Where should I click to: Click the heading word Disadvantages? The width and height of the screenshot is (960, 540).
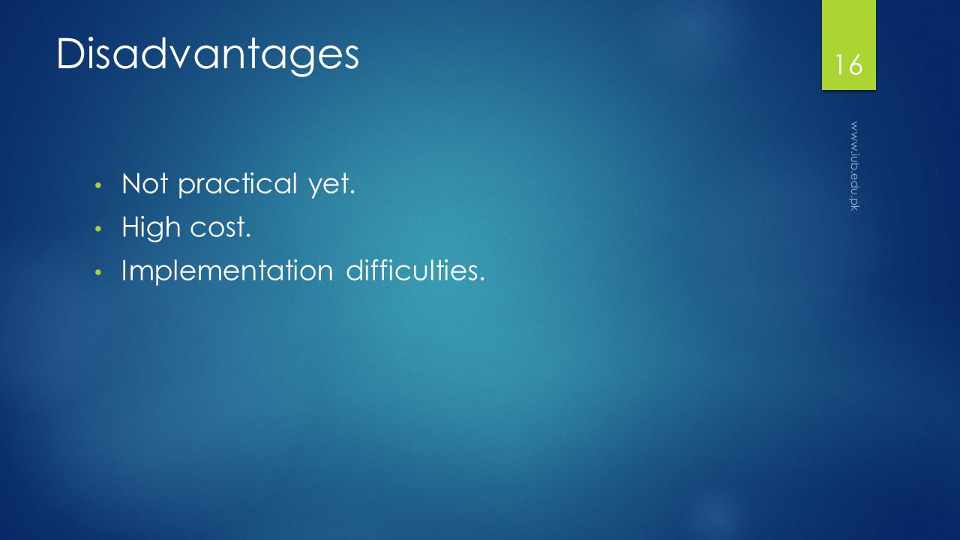click(x=208, y=55)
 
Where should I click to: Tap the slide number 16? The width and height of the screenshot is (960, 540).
click(x=848, y=65)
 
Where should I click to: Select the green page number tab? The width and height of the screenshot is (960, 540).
click(x=848, y=45)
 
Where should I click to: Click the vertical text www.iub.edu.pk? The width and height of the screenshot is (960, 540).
click(x=854, y=166)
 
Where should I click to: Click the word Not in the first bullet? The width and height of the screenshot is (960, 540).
click(x=145, y=184)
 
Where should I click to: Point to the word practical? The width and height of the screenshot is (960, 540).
click(x=238, y=185)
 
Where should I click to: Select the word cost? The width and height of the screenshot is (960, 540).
click(x=220, y=228)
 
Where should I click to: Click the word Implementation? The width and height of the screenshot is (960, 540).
click(x=227, y=271)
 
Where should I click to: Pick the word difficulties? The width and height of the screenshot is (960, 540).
click(x=415, y=270)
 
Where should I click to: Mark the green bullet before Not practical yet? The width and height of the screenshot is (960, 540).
click(x=98, y=185)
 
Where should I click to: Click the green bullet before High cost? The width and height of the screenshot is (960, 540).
click(x=98, y=229)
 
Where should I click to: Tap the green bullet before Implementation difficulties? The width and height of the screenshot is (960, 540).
click(x=98, y=272)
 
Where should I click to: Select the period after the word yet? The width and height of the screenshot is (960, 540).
click(x=352, y=193)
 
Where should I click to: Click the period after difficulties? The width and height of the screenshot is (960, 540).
click(x=482, y=280)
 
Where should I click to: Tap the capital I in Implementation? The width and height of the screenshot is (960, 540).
click(x=124, y=270)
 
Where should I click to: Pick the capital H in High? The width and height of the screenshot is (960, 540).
click(x=131, y=226)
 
